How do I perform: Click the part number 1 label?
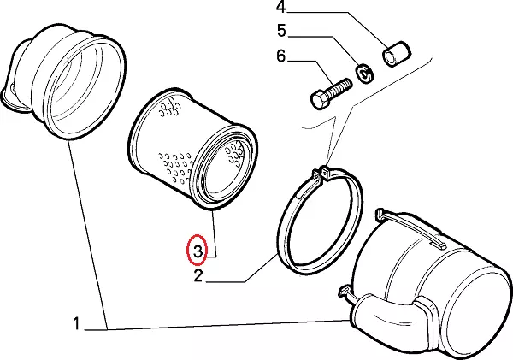coord(77,324)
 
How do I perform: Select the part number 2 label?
coord(198,275)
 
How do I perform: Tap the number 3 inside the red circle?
coord(198,251)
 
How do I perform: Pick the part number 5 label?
coord(280,33)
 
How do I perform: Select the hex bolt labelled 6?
coord(328,91)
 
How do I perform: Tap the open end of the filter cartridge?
coord(224,166)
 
